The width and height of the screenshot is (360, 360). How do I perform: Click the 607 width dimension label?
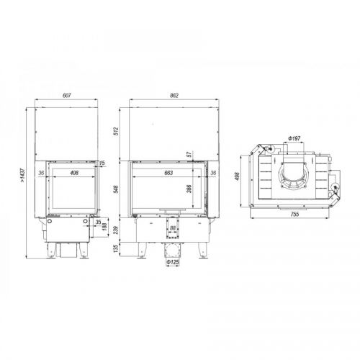67,96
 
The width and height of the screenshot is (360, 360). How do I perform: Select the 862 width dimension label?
174,96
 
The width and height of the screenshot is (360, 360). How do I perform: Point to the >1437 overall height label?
22,176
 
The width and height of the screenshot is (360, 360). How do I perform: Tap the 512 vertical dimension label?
116,132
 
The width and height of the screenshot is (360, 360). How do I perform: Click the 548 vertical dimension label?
116,189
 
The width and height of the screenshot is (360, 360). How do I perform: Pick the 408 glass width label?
74,173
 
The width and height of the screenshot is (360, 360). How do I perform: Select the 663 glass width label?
168,173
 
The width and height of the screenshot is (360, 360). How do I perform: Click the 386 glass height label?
189,189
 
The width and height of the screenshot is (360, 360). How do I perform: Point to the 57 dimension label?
189,154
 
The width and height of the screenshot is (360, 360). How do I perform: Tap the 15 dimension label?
102,163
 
